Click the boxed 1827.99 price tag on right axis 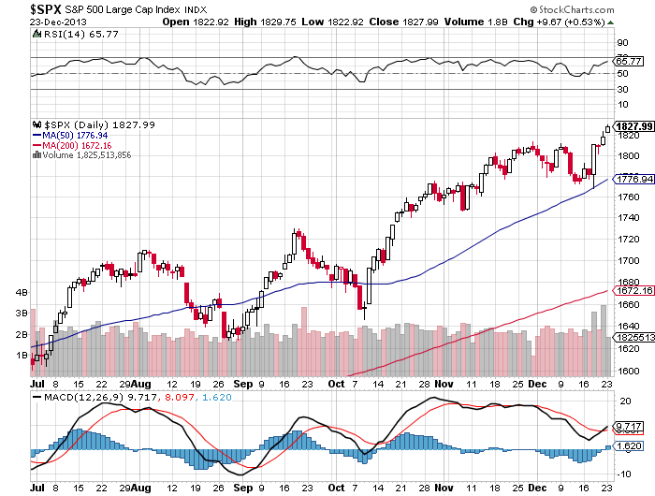pyautogui.click(x=633, y=126)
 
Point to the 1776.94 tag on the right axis pyautogui.click(x=633, y=179)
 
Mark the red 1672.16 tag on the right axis pyautogui.click(x=633, y=291)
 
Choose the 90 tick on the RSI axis pyautogui.click(x=620, y=42)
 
